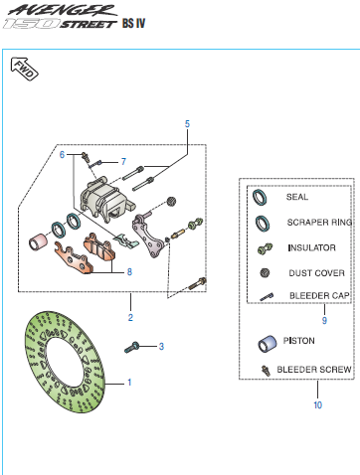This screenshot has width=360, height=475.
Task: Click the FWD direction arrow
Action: [x=25, y=69]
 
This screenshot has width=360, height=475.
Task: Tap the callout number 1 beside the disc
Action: [x=129, y=383]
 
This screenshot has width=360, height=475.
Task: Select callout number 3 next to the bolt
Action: [x=161, y=347]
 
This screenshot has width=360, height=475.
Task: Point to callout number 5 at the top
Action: [x=187, y=124]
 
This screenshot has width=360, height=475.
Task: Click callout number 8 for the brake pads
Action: [x=129, y=272]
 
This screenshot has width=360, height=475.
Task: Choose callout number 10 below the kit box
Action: [x=317, y=404]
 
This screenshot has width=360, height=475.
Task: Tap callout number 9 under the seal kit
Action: [x=324, y=320]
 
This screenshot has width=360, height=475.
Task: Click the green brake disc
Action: [x=65, y=362]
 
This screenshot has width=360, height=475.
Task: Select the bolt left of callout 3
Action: [x=132, y=347]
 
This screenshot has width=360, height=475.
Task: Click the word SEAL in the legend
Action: [x=297, y=197]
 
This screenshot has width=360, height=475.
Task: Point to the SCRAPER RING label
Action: [x=319, y=222]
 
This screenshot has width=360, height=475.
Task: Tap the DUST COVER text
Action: [x=316, y=273]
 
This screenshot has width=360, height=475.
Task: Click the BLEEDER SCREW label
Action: [x=314, y=370]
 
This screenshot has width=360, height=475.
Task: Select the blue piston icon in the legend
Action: [x=267, y=344]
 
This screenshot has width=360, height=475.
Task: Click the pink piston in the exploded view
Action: [x=37, y=241]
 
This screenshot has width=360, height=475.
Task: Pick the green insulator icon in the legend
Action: [x=265, y=248]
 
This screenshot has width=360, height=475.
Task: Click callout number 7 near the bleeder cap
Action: [x=123, y=162]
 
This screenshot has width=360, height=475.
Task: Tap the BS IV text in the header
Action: [x=133, y=23]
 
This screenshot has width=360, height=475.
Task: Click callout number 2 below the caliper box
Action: [x=130, y=318]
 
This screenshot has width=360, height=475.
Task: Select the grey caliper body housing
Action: [x=104, y=201]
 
